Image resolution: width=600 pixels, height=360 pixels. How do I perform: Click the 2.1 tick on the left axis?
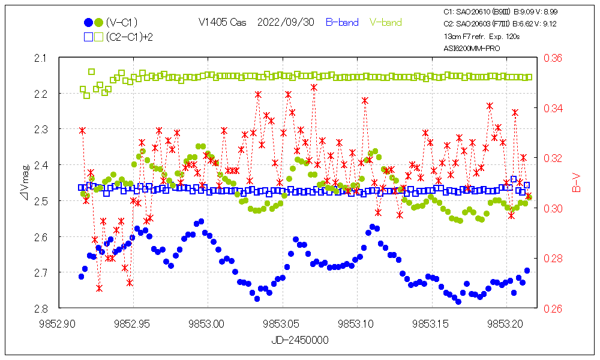coord(45,58)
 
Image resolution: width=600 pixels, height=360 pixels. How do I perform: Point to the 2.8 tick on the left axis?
coord(45,308)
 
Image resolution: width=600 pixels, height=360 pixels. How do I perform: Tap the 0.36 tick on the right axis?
coord(553,58)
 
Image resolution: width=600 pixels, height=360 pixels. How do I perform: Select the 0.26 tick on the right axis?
coord(553,308)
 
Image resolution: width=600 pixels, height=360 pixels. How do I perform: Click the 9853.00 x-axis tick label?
coord(207,323)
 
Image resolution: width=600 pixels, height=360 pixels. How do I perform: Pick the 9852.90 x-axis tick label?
coord(58,323)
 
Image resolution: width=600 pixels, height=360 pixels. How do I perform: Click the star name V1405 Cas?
coord(222,23)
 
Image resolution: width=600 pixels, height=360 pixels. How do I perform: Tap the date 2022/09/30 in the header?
coord(285,23)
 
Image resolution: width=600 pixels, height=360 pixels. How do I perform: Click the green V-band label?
coord(385,23)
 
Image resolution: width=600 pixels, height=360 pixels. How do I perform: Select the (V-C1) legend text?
coord(122,23)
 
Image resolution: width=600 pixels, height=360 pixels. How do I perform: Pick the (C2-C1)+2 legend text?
coord(129,37)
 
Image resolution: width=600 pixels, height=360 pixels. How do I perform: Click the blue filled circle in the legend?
coord(89,23)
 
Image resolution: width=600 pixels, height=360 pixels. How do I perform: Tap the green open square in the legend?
coord(99,37)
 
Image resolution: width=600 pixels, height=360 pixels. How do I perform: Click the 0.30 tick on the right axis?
coord(553,208)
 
